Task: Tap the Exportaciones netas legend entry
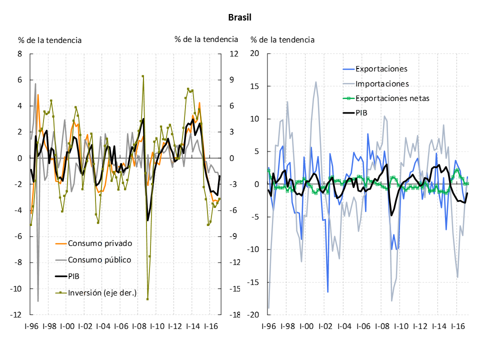click(392, 98)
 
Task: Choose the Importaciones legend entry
click(382, 83)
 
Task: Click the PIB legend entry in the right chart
click(360, 113)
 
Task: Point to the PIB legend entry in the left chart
click(74, 276)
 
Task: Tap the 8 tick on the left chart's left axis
click(20, 54)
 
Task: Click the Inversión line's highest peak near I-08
click(143, 76)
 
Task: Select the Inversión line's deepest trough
click(147, 299)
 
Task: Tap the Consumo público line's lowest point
click(38, 301)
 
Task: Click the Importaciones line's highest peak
click(316, 82)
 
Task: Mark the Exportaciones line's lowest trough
click(328, 292)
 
